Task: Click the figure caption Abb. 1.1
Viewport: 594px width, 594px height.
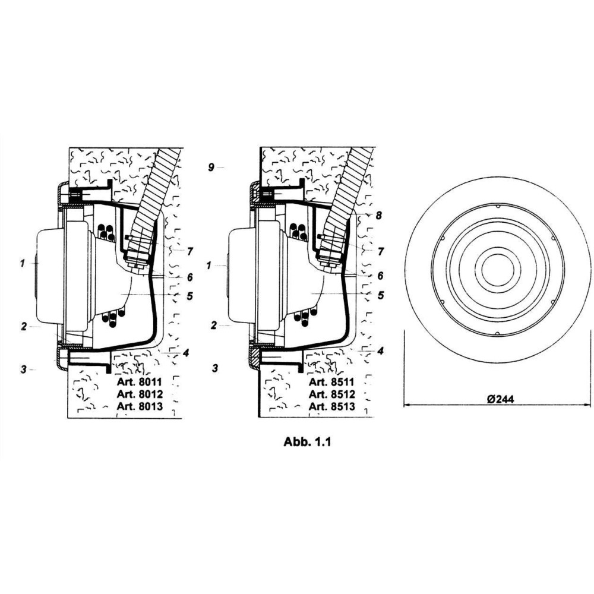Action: click(x=307, y=442)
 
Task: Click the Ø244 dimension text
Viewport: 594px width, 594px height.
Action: click(x=501, y=399)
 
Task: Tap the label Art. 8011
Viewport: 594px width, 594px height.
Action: click(x=140, y=381)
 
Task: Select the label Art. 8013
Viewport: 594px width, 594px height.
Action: click(x=140, y=406)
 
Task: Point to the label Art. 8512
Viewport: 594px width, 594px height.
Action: click(x=332, y=394)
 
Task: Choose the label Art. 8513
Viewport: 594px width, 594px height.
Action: click(x=332, y=406)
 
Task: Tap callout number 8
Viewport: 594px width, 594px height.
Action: click(x=378, y=215)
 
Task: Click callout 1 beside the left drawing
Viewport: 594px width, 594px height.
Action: click(x=23, y=263)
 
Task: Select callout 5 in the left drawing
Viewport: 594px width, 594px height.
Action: click(x=189, y=295)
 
